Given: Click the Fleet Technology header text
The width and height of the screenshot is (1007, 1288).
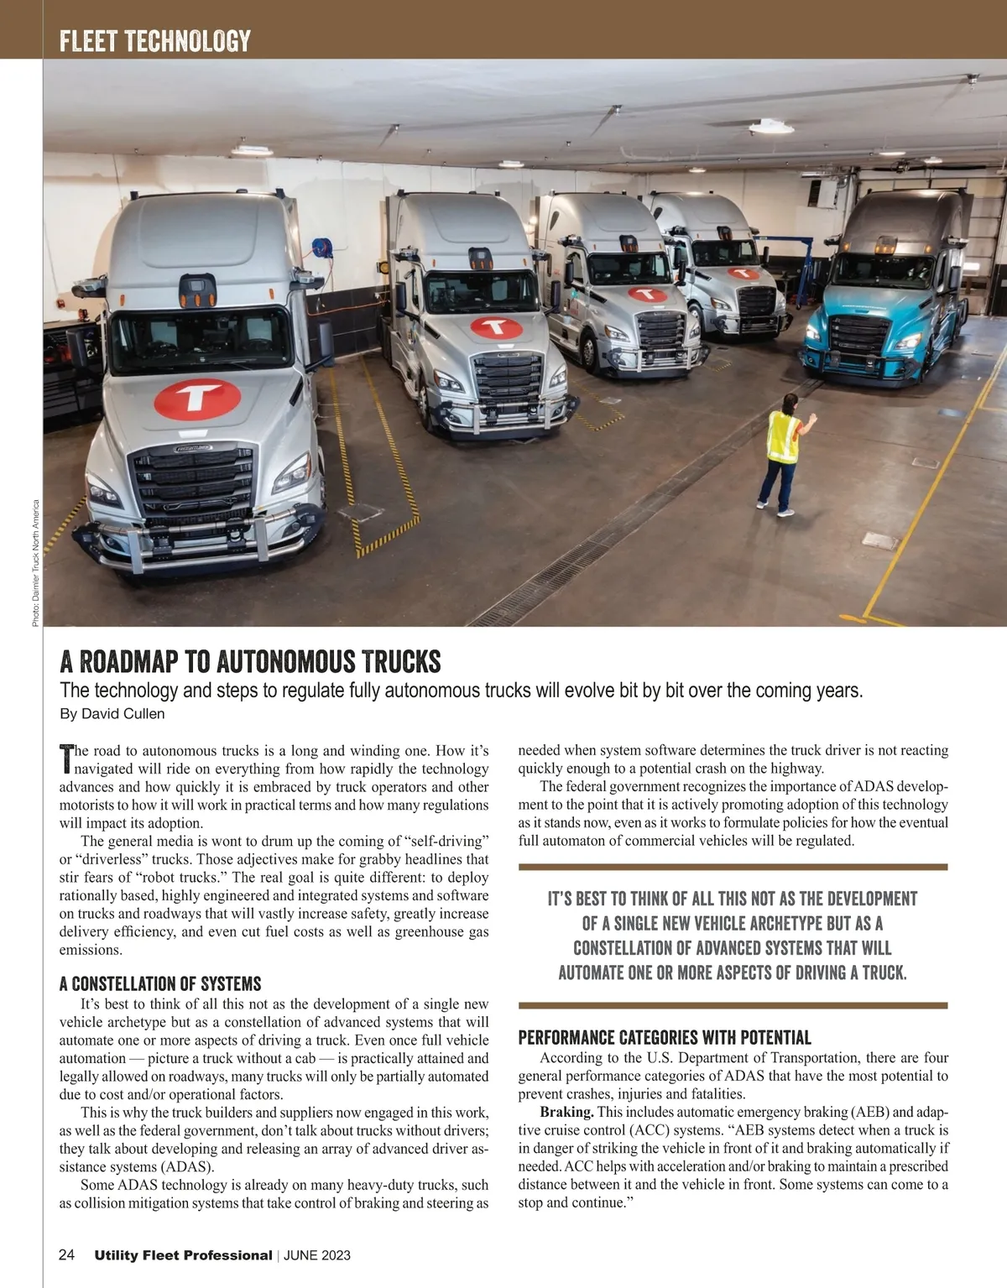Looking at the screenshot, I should click(155, 41).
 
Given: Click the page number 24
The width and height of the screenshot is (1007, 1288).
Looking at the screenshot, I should click(67, 1255).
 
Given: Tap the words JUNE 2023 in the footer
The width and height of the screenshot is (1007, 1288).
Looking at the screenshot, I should click(317, 1256).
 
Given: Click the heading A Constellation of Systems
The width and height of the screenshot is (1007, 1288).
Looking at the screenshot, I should click(160, 984).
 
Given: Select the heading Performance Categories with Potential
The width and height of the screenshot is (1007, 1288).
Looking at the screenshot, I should click(665, 1038).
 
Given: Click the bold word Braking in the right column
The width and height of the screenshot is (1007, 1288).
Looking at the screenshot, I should click(566, 1113).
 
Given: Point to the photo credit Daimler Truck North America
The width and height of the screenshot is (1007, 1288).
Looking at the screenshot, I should click(36, 563).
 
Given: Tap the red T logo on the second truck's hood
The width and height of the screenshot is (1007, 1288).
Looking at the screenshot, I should click(497, 327).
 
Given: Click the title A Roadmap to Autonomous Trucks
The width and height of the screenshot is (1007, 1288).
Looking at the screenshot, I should click(250, 662).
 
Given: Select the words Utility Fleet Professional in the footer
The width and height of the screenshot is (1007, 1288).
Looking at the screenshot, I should click(183, 1256).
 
